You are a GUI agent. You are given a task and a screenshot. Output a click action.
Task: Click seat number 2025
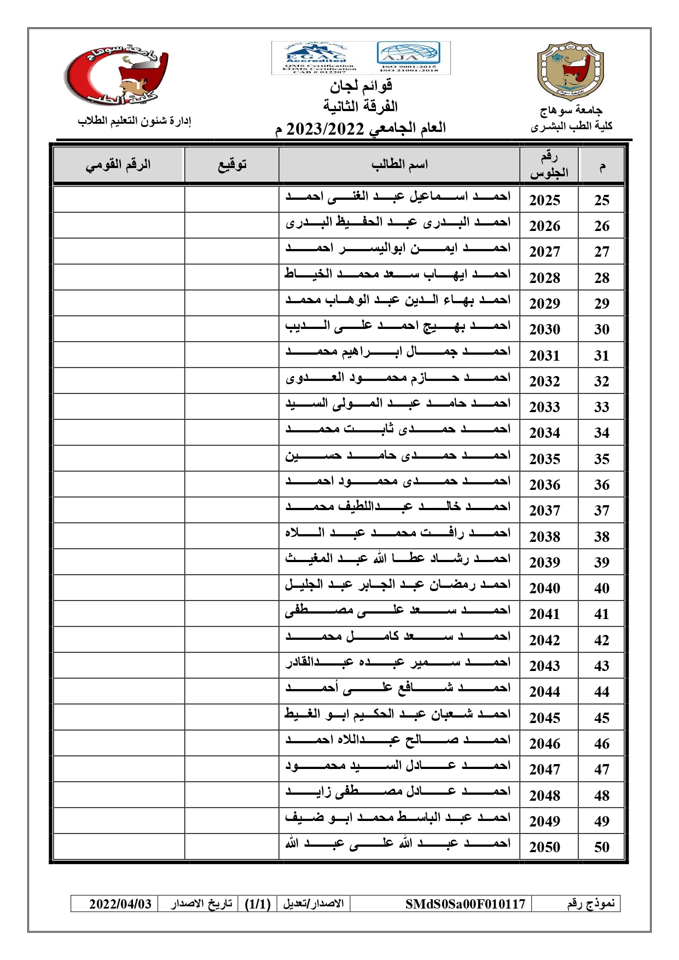click(544, 200)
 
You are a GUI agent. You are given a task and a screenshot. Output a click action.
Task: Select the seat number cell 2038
click(544, 536)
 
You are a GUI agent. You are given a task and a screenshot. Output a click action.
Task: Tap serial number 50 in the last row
click(601, 847)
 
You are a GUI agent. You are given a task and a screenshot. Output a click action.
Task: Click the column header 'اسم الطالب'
click(399, 164)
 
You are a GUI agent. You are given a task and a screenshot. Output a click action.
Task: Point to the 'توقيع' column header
click(232, 164)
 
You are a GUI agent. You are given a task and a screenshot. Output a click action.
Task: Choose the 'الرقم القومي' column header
click(118, 164)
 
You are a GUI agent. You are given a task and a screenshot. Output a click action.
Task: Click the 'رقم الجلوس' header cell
click(549, 165)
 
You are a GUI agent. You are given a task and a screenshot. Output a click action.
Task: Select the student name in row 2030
click(398, 326)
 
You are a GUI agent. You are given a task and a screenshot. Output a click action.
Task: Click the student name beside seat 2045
click(398, 714)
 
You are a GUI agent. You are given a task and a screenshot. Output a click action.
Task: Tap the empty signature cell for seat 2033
click(232, 406)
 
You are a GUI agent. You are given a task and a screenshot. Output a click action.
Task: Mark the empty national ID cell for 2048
click(119, 794)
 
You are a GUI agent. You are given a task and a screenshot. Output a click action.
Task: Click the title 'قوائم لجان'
click(361, 86)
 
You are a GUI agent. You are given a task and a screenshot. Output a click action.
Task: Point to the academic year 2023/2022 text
click(325, 129)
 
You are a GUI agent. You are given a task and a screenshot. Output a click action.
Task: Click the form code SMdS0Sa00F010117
click(465, 904)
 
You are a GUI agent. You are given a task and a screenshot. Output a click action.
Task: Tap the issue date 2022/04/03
click(120, 904)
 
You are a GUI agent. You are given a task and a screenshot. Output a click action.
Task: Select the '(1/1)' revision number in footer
click(258, 904)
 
